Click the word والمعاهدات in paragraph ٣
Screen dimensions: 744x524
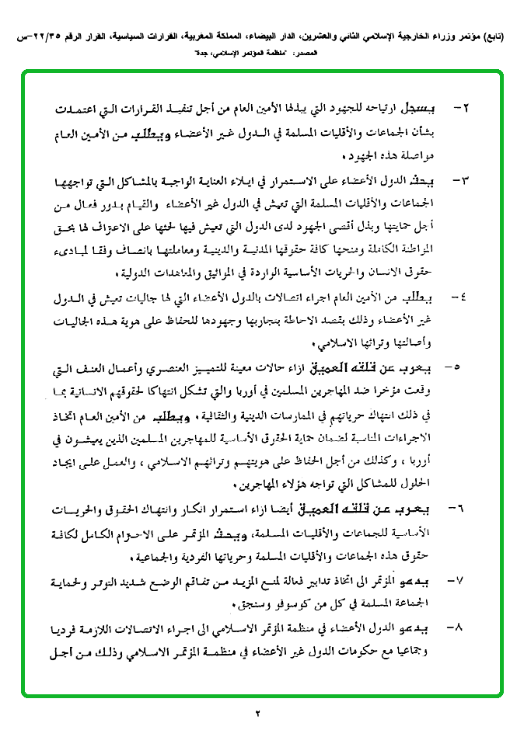tap(169, 273)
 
